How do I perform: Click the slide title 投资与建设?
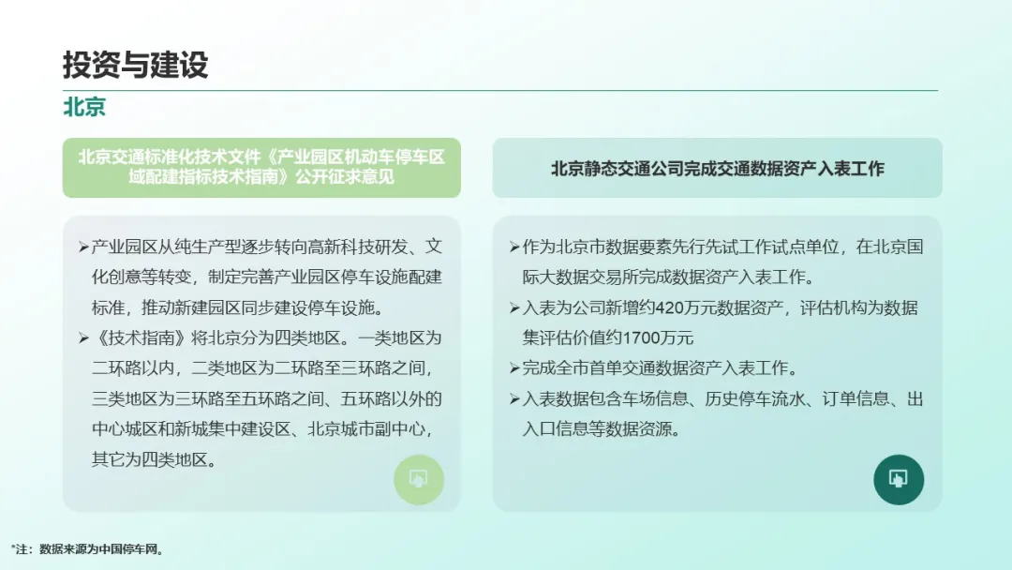pos(136,65)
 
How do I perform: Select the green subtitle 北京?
pos(84,107)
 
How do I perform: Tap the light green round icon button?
pos(419,480)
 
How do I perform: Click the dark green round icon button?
pos(899,480)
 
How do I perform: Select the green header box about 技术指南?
pos(261,167)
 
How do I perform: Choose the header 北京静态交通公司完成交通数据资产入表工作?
pos(717,169)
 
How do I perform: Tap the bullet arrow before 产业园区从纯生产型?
pos(83,247)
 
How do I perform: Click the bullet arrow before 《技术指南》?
pos(83,338)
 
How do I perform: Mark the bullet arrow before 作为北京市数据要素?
pos(514,247)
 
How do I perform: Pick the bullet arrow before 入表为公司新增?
pos(514,307)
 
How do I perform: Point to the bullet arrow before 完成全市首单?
pos(514,368)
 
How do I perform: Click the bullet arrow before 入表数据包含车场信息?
pos(514,399)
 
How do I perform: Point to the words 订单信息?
pos(856,399)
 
